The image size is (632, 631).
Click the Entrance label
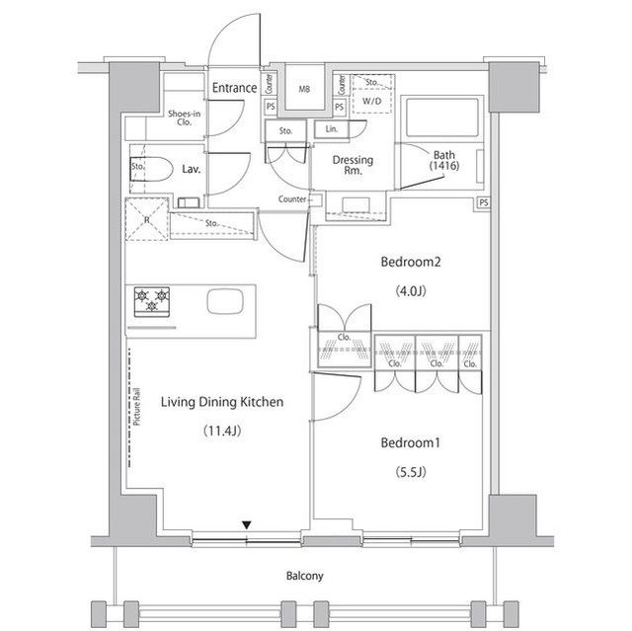[234, 88]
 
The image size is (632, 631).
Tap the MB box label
[304, 88]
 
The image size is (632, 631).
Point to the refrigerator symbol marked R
[146, 219]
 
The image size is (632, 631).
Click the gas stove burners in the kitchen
[152, 300]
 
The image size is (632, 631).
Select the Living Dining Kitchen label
[223, 402]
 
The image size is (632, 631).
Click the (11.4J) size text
[223, 432]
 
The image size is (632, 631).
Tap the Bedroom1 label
[411, 443]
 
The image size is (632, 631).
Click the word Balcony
[305, 576]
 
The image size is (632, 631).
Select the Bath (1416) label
[444, 160]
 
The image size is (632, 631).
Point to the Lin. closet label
[330, 129]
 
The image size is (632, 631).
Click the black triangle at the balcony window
[248, 525]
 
